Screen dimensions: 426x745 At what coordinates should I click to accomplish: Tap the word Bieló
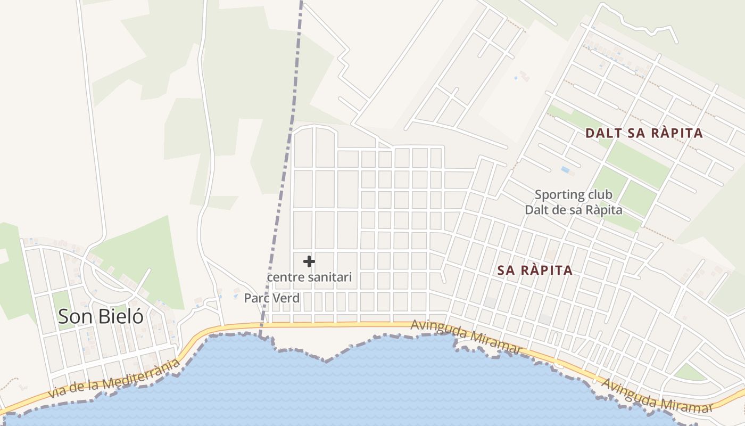[x=121, y=316]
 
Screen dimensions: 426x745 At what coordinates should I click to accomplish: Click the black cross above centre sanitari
[x=309, y=261]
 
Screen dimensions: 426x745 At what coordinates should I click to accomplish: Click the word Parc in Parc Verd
[x=255, y=298]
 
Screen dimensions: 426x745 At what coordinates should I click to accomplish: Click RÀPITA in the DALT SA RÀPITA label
[x=676, y=133]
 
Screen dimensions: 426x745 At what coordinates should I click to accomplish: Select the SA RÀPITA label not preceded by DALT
[x=535, y=271]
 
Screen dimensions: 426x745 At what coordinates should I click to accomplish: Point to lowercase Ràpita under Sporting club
[x=603, y=210]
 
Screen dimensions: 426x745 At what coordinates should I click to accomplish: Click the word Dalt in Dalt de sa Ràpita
[x=537, y=210]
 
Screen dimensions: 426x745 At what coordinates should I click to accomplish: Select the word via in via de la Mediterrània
[x=57, y=393]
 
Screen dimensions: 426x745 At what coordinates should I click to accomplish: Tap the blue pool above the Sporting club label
[x=565, y=170]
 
